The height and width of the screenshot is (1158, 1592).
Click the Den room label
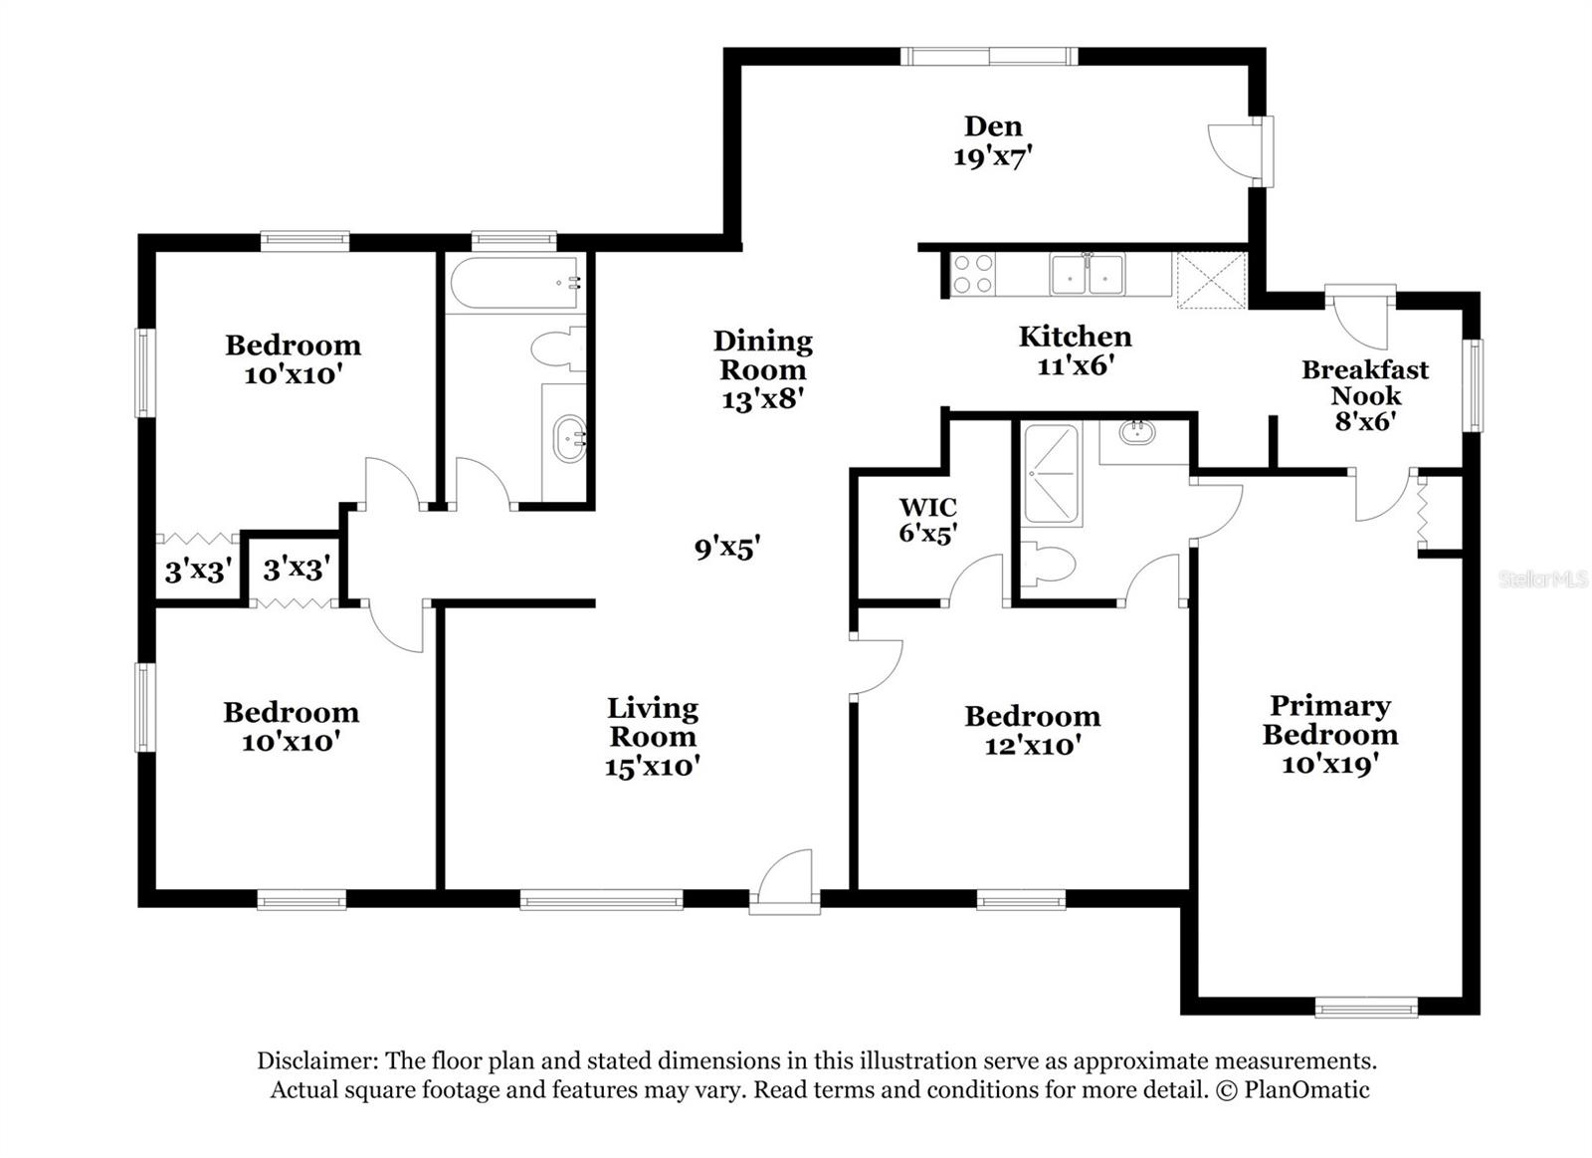(992, 126)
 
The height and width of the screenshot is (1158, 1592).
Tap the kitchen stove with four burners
(972, 274)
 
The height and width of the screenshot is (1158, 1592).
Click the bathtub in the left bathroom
(513, 283)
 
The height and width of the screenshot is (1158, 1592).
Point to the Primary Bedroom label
(1329, 720)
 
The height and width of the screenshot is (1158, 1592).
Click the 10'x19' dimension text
(1329, 765)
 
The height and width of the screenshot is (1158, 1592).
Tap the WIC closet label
(927, 507)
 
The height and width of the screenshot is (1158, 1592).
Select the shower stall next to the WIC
(1052, 475)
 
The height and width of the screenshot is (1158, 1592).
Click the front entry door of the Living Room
(785, 881)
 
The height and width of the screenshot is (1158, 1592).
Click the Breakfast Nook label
(1365, 382)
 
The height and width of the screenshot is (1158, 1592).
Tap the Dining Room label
(762, 355)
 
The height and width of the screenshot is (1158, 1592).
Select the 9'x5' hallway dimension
(727, 548)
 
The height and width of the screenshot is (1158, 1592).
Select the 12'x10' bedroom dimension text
(1032, 746)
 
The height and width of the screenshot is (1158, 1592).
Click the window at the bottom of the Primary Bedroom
(1365, 1008)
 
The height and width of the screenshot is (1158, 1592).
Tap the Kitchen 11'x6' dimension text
(1074, 365)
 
